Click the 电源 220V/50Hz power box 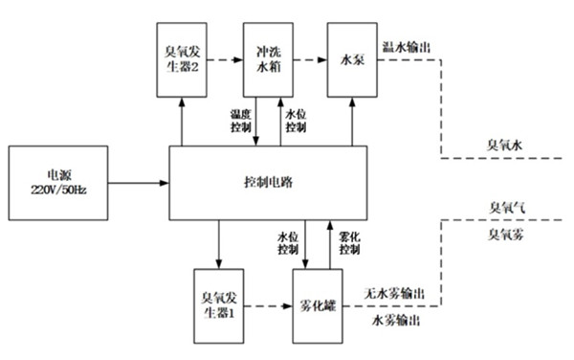point(59,181)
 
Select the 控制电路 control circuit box point(267,182)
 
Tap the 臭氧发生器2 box point(181,58)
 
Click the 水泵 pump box point(351,58)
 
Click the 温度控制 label point(243,120)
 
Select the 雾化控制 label point(349,243)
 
